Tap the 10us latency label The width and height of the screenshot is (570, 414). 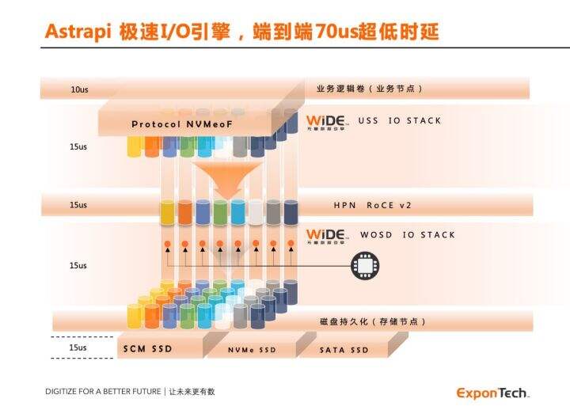pyautogui.click(x=79, y=89)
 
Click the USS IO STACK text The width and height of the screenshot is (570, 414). pyautogui.click(x=399, y=121)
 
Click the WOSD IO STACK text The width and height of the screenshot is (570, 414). pyautogui.click(x=408, y=235)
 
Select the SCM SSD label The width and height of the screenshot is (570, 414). pyautogui.click(x=148, y=348)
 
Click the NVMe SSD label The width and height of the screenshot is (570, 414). pyautogui.click(x=252, y=350)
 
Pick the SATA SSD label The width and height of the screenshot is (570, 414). pyautogui.click(x=344, y=350)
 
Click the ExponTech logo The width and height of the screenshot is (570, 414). pyautogui.click(x=492, y=393)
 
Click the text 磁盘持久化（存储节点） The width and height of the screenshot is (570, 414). pyautogui.click(x=371, y=321)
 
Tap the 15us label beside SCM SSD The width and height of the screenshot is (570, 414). pyautogui.click(x=78, y=348)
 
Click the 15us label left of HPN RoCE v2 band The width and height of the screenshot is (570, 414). pyautogui.click(x=78, y=205)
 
